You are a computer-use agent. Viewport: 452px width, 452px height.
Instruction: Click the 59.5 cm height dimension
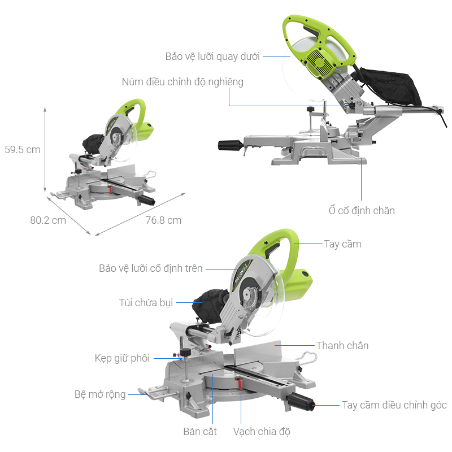tap(23, 150)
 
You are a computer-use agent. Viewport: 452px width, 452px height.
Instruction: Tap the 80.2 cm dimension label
tap(48, 220)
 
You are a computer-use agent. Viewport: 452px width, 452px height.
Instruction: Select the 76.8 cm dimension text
tap(163, 220)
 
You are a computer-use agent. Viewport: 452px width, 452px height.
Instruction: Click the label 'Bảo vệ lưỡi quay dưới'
tap(212, 56)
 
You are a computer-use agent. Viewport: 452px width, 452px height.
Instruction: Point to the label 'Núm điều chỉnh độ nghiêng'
tap(182, 82)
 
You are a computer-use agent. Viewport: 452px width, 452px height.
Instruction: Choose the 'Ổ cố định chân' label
tap(362, 210)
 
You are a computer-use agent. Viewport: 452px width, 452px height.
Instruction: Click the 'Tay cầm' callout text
tap(342, 244)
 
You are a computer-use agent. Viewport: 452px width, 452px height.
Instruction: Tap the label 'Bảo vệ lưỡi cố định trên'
tap(150, 268)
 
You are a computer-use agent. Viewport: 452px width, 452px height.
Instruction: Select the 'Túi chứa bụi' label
tap(146, 302)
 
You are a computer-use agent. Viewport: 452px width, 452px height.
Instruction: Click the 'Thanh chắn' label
tap(342, 345)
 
